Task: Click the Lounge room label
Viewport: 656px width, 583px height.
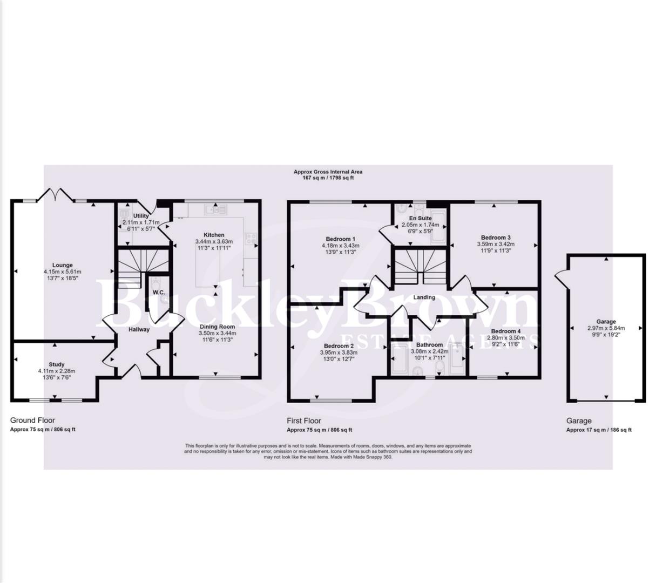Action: (63, 265)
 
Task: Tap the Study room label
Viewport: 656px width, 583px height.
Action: (56, 364)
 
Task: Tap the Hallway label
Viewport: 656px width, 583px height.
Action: (139, 329)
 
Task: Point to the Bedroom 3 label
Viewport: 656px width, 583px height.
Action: (496, 238)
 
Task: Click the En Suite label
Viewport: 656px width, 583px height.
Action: (420, 218)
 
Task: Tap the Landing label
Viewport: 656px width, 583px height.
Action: (424, 297)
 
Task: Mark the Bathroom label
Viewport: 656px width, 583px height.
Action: (429, 344)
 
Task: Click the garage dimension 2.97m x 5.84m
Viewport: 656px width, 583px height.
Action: (606, 328)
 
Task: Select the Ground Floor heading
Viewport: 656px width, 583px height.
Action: (32, 420)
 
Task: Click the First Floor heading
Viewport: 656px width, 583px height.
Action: (303, 420)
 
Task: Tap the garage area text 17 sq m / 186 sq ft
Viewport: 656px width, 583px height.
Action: (598, 430)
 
